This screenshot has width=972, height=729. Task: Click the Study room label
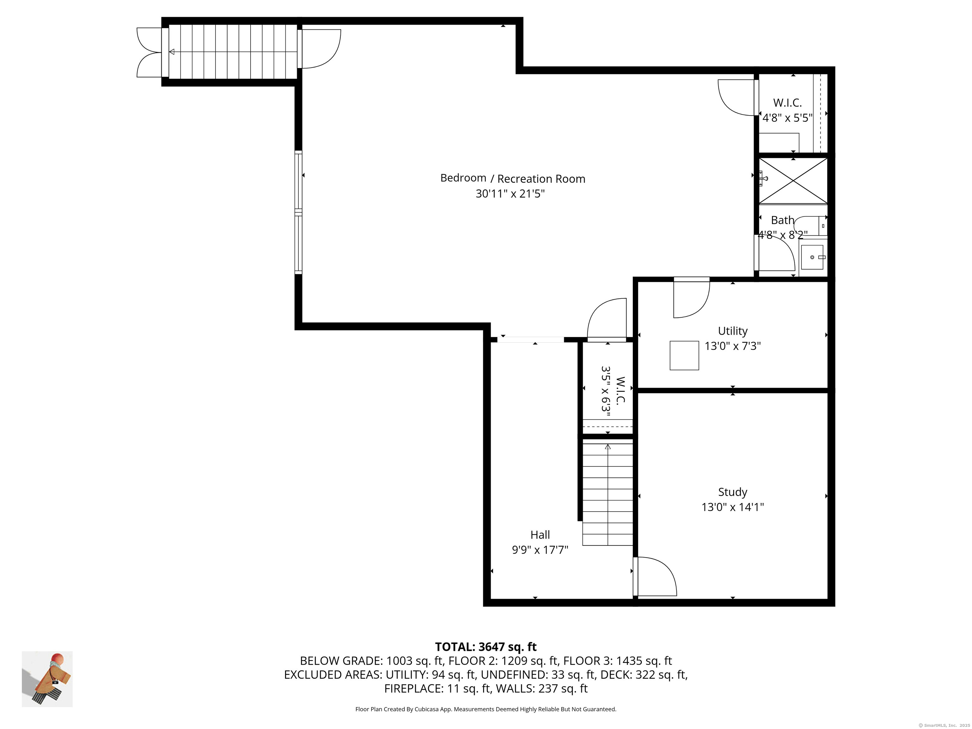coord(732,492)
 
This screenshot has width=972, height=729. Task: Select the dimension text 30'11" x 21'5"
coord(510,194)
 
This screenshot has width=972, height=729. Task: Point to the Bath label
coord(782,220)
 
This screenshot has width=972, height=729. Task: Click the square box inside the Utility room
coord(684,356)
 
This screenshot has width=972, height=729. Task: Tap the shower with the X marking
coord(793,181)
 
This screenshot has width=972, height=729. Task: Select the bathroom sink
coord(812,257)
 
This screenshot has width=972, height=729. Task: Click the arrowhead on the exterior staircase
coord(172,52)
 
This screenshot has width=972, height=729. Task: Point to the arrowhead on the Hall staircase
coord(608,447)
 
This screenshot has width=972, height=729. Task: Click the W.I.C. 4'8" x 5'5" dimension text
coord(787,118)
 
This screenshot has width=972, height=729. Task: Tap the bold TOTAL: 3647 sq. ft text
coord(486,647)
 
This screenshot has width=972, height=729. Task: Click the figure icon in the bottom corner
coord(47,679)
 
